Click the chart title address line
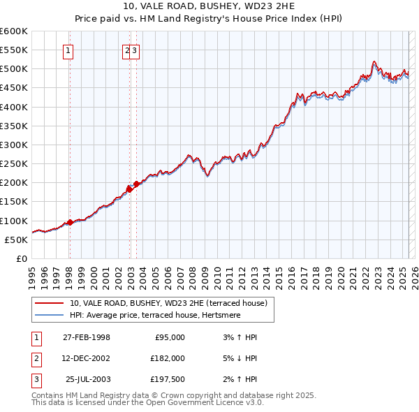point(209,7)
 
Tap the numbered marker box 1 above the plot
point(68,50)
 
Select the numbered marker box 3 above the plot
point(135,50)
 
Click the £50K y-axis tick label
point(17,240)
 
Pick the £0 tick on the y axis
point(22,258)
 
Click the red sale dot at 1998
point(70,223)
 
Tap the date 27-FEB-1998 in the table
point(87,337)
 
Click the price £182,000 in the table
point(168,358)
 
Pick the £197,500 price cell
point(168,379)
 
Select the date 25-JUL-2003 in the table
point(88,379)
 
